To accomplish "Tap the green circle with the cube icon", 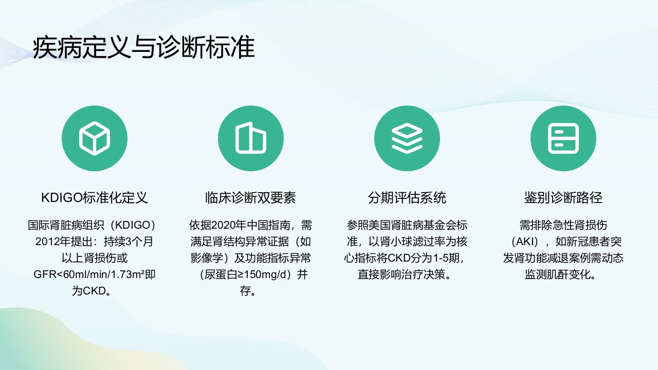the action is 95,138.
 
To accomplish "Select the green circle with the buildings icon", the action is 251,138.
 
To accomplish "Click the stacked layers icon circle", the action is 407,138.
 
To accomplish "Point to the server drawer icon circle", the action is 563,138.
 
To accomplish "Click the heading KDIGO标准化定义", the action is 94,198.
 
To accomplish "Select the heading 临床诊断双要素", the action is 250,198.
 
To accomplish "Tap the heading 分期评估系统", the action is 407,198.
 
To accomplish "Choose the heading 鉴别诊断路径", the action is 563,198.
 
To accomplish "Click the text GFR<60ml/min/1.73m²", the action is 89,274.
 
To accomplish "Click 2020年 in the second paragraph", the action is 229,225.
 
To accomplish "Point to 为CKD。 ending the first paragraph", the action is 92,291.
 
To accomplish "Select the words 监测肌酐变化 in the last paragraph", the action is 557,274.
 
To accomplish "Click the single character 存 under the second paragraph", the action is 245,291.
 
